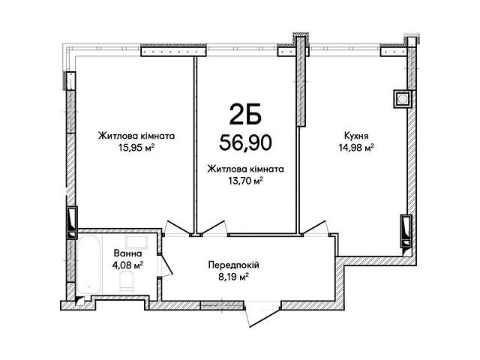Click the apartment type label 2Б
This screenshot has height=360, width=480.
tap(245, 113)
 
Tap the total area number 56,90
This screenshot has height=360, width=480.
tap(245, 142)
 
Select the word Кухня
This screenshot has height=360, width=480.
tap(356, 136)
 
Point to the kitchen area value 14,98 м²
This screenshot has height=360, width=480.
tap(356, 148)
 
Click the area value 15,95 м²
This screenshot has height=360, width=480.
tap(136, 148)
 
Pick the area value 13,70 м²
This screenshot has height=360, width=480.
tap(245, 181)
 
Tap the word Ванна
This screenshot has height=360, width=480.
tap(128, 253)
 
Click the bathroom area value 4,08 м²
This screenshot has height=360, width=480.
tap(128, 265)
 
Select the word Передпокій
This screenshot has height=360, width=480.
tap(233, 265)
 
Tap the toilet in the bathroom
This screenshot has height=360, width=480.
tap(126, 283)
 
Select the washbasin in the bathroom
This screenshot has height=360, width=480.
tap(136, 242)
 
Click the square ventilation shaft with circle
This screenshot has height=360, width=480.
tap(402, 99)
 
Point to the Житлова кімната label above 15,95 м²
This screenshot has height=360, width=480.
tap(136, 136)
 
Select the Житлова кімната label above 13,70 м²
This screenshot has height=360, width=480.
tap(245, 169)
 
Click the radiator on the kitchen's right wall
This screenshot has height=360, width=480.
tap(406, 230)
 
